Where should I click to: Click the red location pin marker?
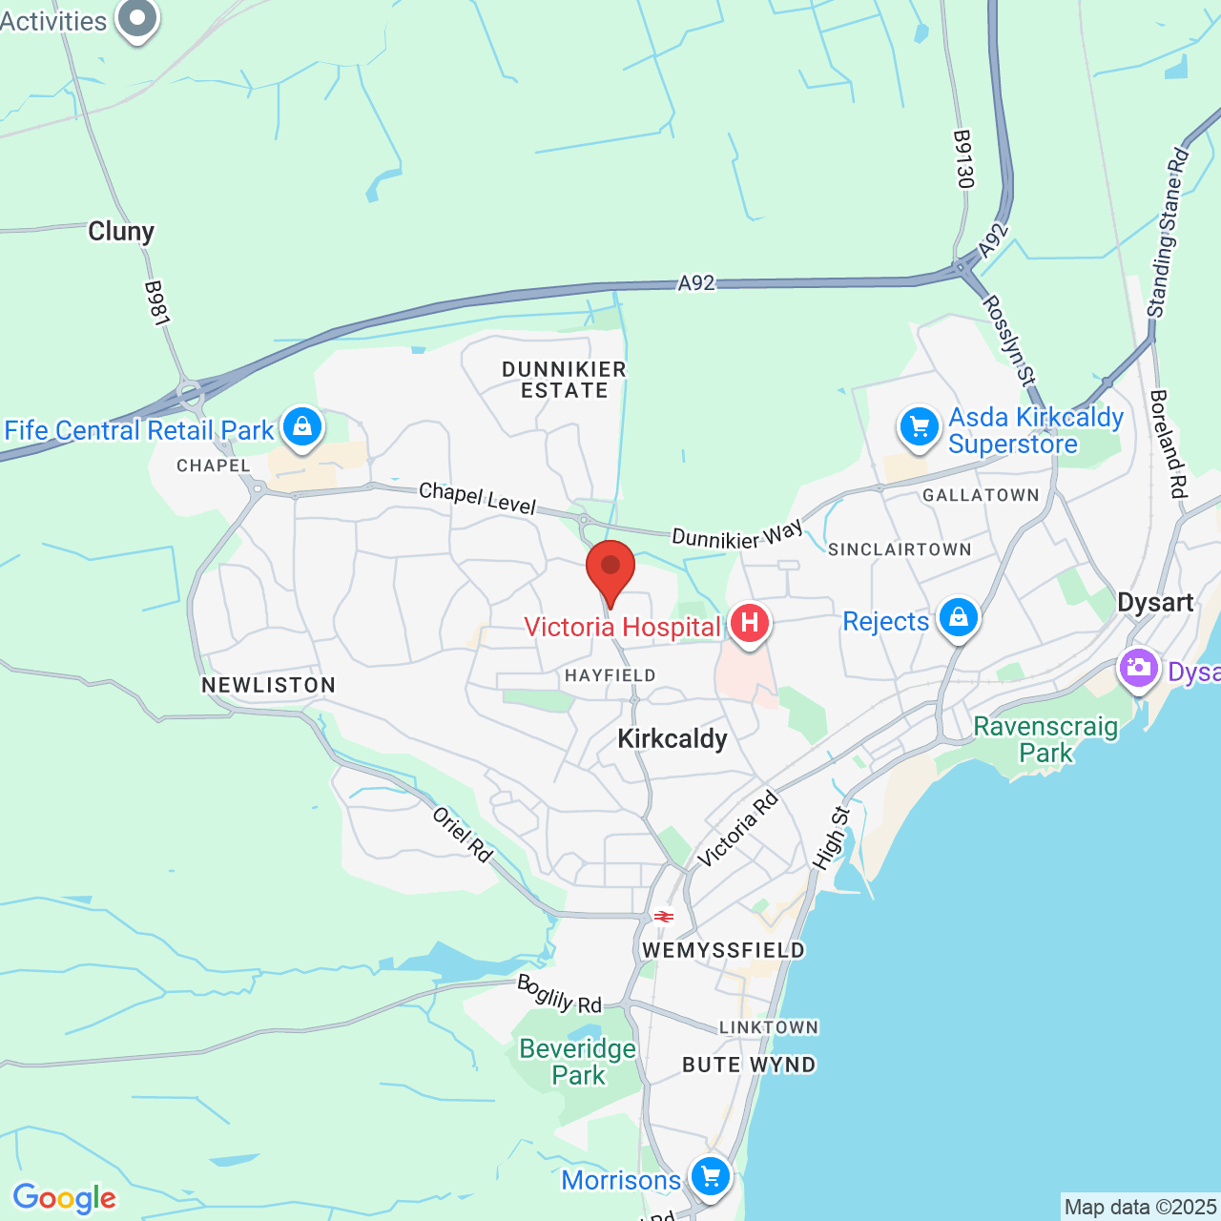pos(610,569)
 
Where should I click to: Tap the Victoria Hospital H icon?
pos(750,625)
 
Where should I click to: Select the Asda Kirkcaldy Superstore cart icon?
pos(920,426)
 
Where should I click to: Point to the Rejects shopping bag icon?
pos(959,618)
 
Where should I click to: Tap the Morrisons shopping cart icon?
pos(711,1175)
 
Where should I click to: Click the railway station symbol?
pos(664,917)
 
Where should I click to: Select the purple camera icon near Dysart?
pos(1138,668)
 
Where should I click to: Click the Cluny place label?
pos(121,232)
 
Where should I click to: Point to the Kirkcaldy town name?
pos(673,739)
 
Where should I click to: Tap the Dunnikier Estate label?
pos(564,380)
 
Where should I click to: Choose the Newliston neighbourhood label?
pos(269,685)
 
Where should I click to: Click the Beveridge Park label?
pos(578,1062)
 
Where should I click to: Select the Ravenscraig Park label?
pos(1045,739)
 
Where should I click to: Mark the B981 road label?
pos(156,303)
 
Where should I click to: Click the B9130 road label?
pos(963,159)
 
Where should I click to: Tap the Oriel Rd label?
pos(463,835)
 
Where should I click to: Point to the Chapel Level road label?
pos(478,497)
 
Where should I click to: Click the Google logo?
pos(65,1198)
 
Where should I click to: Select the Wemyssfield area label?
pos(724,950)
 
